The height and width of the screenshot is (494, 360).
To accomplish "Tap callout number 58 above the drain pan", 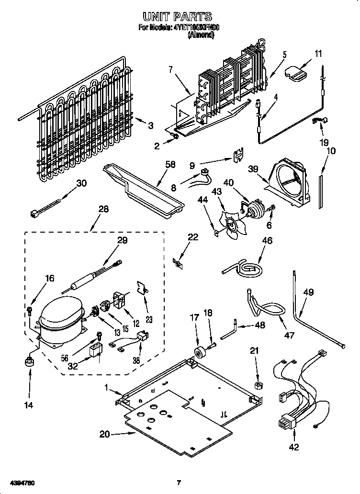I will [169, 165].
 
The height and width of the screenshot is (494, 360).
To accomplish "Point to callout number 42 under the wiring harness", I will [293, 447].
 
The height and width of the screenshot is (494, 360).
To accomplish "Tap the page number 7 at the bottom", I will [179, 483].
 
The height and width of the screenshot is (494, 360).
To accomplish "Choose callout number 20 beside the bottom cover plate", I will [105, 434].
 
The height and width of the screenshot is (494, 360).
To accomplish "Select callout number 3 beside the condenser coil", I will [150, 125].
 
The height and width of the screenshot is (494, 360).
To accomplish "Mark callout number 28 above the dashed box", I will [103, 209].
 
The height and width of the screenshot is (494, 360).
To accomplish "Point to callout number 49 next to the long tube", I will [309, 292].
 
